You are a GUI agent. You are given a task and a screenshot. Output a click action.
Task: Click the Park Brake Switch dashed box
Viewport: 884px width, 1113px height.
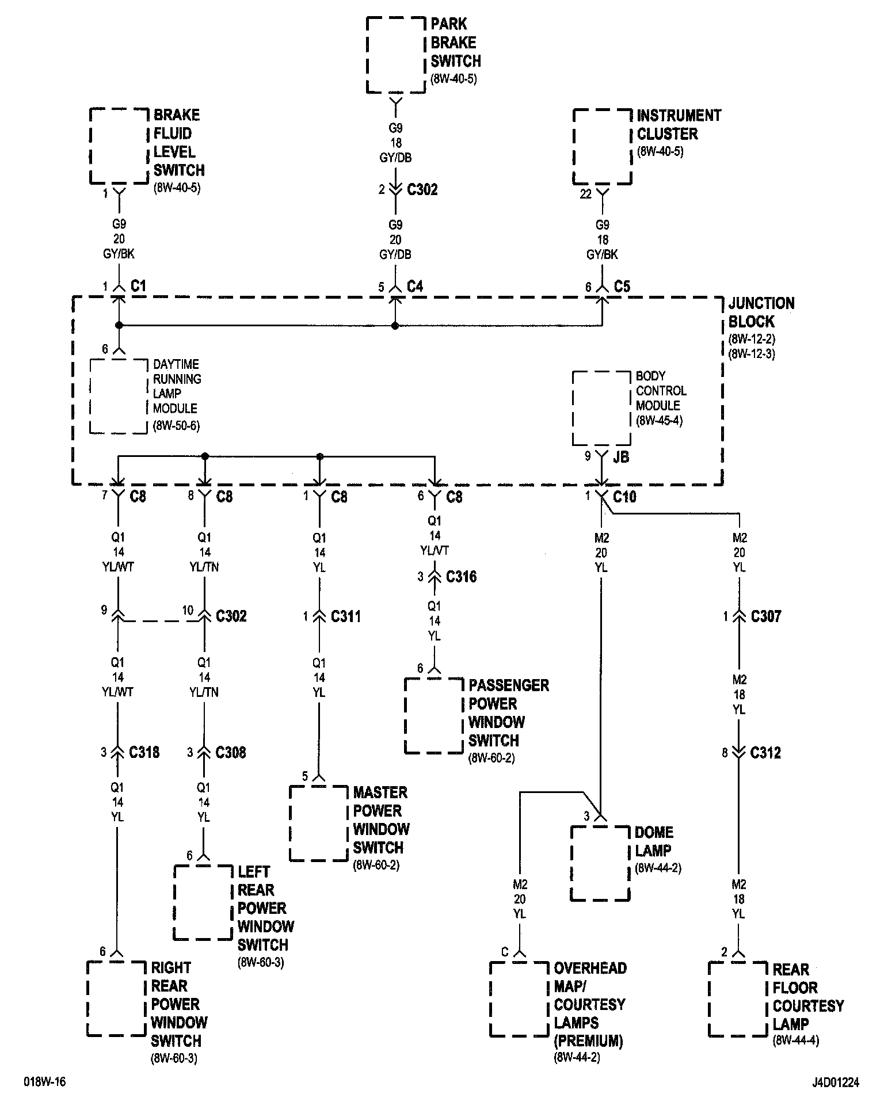(x=396, y=55)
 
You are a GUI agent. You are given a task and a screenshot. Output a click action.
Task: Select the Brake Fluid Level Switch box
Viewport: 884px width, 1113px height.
(x=119, y=145)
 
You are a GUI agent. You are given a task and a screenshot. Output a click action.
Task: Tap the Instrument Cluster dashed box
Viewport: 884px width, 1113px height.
(x=602, y=146)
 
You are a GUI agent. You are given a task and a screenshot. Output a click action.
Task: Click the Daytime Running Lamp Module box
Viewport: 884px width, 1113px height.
(x=119, y=396)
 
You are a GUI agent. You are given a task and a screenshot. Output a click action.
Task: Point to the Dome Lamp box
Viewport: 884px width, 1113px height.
(x=600, y=863)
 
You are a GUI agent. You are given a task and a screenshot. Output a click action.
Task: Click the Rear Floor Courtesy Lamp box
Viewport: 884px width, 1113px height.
(x=738, y=998)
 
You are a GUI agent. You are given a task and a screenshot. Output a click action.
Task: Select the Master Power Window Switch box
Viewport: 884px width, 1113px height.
(x=319, y=823)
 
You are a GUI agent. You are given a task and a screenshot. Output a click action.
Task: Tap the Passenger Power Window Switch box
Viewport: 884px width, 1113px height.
(x=434, y=715)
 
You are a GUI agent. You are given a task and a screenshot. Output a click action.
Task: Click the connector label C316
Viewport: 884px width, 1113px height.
(x=461, y=577)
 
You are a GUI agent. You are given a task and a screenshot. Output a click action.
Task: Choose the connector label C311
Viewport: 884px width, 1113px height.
(x=346, y=616)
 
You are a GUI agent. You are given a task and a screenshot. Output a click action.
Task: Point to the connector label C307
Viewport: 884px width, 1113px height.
(x=766, y=616)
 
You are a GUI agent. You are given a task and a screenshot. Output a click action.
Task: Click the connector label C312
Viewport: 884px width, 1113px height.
(x=765, y=753)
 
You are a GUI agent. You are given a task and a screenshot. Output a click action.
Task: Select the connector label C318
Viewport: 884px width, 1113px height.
(x=144, y=752)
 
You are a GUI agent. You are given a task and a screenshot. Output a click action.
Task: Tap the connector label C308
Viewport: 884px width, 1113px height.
(x=231, y=752)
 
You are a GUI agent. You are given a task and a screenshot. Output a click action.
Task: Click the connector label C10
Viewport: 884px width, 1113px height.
(x=624, y=496)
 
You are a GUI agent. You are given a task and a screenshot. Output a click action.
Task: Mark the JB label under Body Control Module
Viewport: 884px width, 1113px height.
(x=620, y=457)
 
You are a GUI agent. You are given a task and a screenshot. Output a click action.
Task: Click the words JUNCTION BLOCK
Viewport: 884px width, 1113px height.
(x=761, y=312)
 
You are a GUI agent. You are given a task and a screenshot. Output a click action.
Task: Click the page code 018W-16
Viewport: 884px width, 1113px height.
(x=45, y=1082)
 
